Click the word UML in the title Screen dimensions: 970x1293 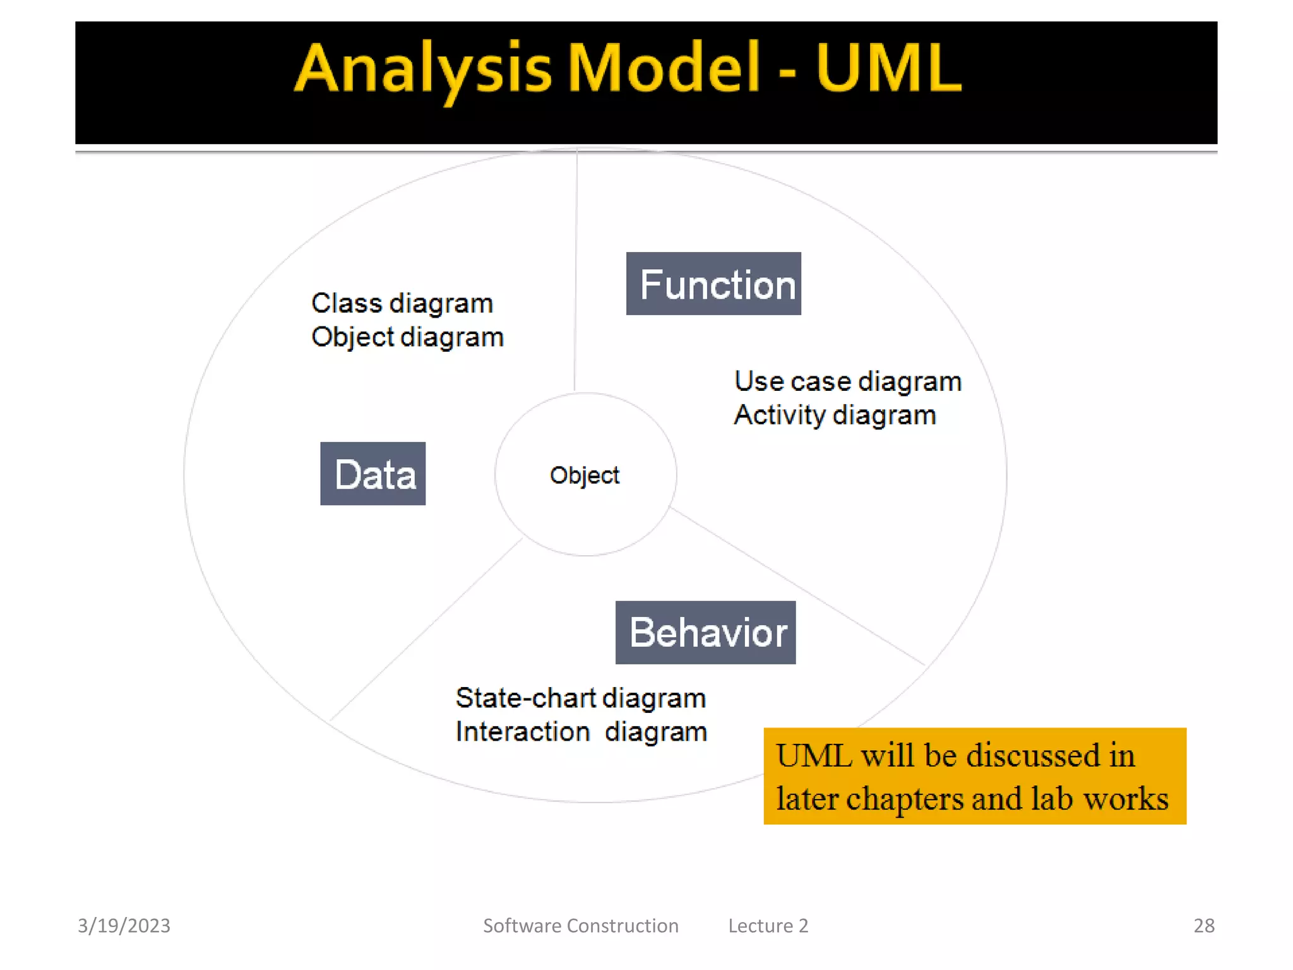[888, 68]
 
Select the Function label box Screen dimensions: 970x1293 [713, 284]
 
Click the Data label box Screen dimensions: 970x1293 [372, 474]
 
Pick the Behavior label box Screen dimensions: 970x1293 [705, 632]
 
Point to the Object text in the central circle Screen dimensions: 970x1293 [585, 475]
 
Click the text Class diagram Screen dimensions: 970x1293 [402, 304]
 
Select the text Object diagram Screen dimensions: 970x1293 [407, 337]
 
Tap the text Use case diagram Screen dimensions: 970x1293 [847, 381]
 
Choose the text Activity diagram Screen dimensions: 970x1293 [835, 416]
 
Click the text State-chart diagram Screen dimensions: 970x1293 [581, 698]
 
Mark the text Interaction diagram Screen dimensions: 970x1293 [581, 732]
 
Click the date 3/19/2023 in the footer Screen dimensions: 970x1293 [124, 925]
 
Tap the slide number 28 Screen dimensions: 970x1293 [1203, 925]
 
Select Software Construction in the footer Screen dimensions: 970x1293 [580, 925]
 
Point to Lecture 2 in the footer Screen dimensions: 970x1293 [768, 925]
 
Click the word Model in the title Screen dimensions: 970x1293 [663, 68]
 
